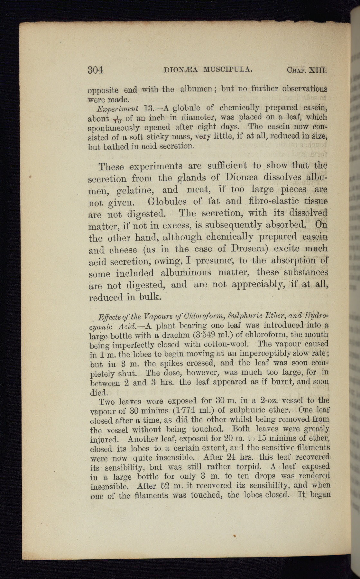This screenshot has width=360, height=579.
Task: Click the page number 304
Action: (x=95, y=70)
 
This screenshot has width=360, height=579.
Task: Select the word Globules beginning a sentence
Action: (x=167, y=202)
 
